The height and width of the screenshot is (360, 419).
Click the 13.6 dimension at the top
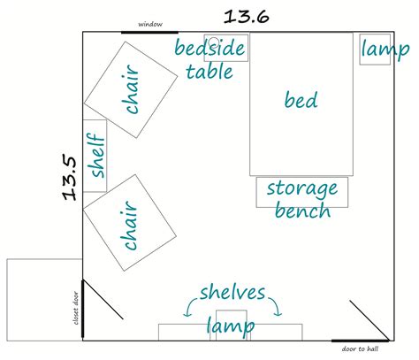pos(247,17)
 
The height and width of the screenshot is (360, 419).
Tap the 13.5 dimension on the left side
pos(70,178)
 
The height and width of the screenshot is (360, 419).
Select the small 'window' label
pos(150,24)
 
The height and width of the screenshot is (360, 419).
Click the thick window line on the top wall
pos(149,32)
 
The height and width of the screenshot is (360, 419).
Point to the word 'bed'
pos(301,100)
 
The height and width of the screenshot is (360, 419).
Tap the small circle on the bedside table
pos(214,42)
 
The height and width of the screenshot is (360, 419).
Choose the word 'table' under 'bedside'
pos(209,72)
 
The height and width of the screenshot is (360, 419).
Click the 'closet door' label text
pos(76,308)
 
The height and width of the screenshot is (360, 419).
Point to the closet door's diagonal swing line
pos(103,300)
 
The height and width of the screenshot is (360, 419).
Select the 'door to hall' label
pos(360,349)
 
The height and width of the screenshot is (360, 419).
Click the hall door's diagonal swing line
pos(369,320)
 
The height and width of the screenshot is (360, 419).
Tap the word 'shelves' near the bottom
pos(232,293)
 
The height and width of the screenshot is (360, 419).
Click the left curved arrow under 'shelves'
pos(190,307)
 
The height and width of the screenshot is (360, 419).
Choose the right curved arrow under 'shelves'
pos(275,307)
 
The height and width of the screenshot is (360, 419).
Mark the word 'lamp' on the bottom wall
pos(231,326)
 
